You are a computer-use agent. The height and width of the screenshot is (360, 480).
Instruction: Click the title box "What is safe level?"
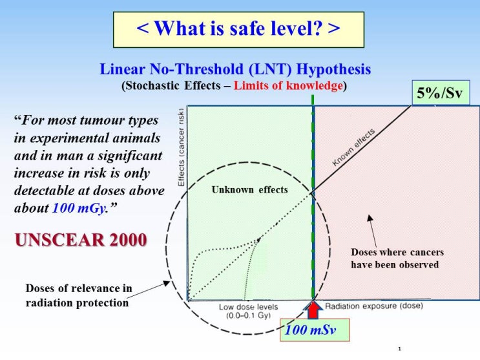click(x=239, y=29)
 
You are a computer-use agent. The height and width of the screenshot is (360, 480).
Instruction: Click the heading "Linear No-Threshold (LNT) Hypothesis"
click(x=236, y=69)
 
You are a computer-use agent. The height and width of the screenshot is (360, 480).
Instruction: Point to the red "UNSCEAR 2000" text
click(x=81, y=240)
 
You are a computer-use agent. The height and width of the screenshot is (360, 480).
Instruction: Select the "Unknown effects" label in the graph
click(x=249, y=190)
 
